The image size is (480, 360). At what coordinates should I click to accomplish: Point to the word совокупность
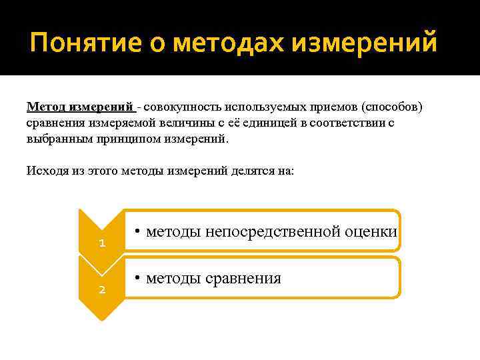point(181,107)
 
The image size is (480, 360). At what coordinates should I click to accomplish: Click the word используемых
point(261,107)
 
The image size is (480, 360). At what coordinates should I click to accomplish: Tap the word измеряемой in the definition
point(117,123)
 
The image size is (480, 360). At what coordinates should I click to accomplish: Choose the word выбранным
point(56,139)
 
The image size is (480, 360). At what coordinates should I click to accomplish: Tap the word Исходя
point(43,171)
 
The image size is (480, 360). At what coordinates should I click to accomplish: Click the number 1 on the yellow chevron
point(101,243)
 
